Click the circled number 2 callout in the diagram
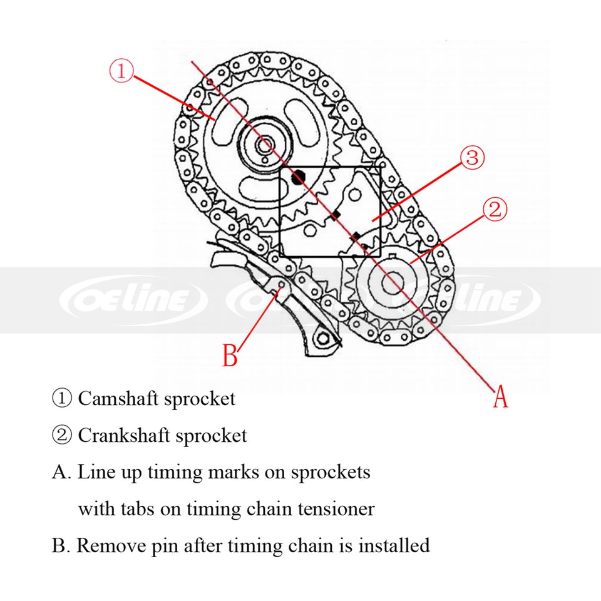[x=494, y=210]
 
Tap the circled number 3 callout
[x=472, y=158]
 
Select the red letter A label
[x=500, y=397]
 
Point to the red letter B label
[x=230, y=356]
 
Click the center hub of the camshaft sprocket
[x=263, y=145]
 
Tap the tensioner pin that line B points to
[x=279, y=286]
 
